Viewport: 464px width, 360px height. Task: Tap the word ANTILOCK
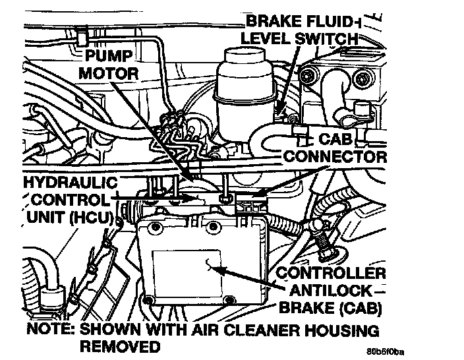330,290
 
